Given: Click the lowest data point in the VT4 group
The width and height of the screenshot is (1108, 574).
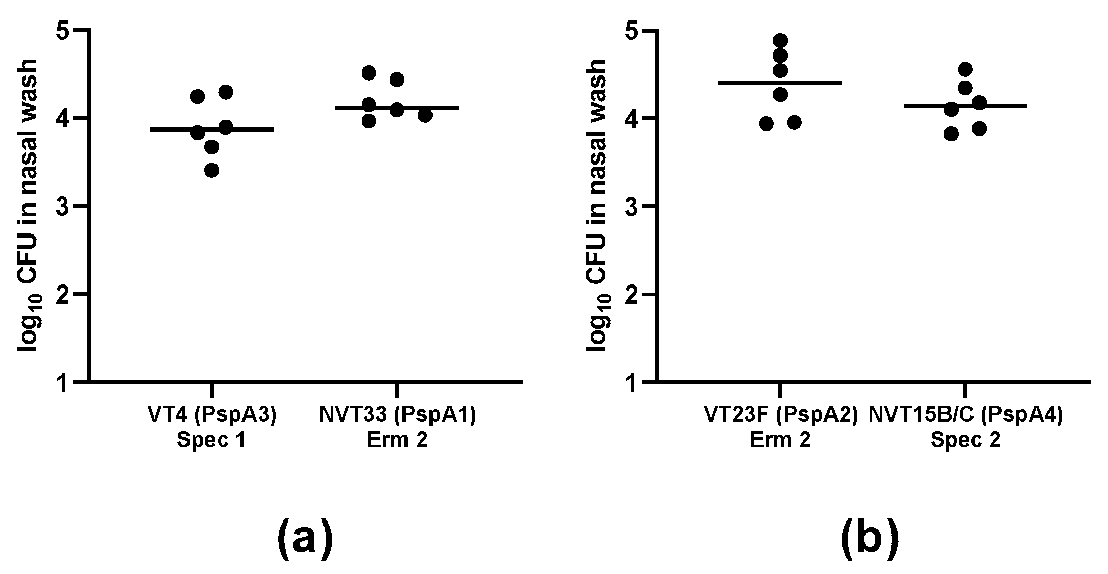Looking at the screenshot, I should [x=211, y=170].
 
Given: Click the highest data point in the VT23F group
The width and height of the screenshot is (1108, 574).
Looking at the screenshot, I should [x=780, y=40].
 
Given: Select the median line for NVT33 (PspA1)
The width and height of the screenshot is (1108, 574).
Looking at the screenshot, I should [x=397, y=108].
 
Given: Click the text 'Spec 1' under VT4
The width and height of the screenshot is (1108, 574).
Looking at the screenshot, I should [x=211, y=440].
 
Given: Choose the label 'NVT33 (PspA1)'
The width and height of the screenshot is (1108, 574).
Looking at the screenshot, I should [x=397, y=415].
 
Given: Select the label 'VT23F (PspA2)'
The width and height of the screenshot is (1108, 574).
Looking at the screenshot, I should [x=780, y=415].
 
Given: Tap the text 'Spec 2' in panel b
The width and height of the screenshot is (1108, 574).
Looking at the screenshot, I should [x=965, y=440].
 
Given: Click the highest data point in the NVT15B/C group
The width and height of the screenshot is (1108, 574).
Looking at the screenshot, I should [x=965, y=69].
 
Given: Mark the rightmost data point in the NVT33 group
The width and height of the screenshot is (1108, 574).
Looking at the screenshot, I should [x=425, y=116].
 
